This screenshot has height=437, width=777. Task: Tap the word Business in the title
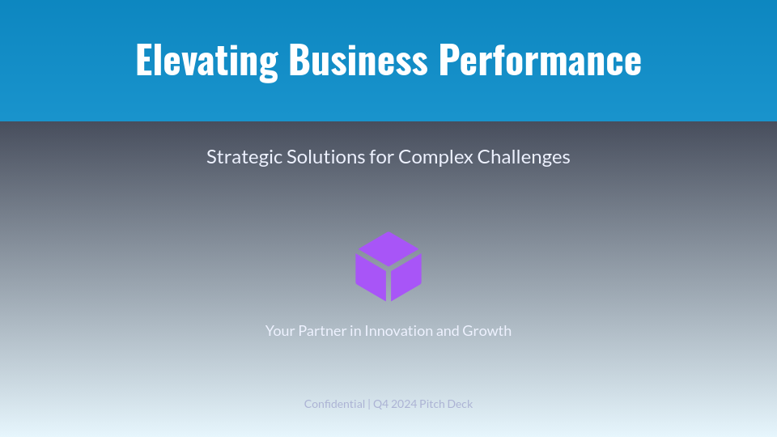(358, 60)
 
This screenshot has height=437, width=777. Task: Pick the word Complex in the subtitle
(435, 157)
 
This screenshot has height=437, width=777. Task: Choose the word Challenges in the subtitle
(524, 157)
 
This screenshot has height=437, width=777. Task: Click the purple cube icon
(388, 266)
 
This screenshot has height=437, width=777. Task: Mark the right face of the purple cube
(407, 275)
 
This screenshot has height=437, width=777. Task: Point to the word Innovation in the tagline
(398, 331)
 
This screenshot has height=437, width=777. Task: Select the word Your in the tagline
(280, 331)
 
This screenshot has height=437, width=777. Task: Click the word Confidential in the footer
(334, 404)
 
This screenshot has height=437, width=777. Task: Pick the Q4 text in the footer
(380, 404)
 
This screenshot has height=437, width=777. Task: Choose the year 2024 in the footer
(403, 404)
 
